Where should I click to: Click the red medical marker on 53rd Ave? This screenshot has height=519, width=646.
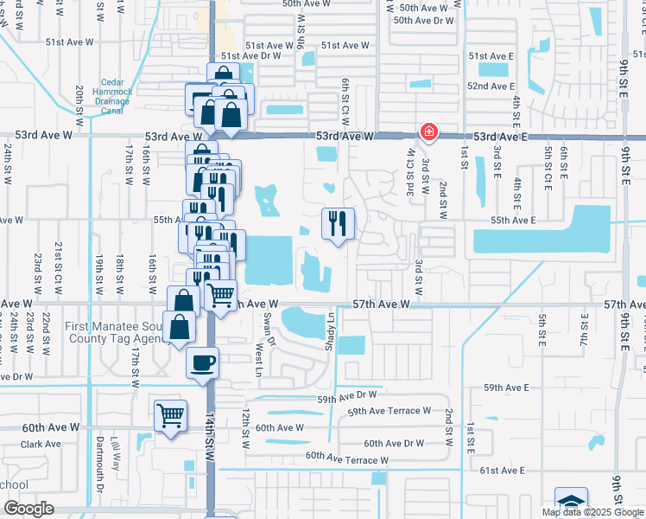(x=427, y=132)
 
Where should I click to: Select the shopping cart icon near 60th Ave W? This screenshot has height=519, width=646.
(x=170, y=415)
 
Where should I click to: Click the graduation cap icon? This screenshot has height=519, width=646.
(x=570, y=503)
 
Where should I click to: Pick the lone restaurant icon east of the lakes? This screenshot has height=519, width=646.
(x=337, y=223)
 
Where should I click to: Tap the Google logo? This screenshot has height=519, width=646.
(x=28, y=509)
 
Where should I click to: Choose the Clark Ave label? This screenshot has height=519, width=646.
(x=41, y=445)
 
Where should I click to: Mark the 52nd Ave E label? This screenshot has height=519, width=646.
(x=491, y=86)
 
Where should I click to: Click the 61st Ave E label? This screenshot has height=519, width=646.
(x=503, y=470)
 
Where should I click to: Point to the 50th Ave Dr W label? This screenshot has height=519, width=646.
(x=423, y=20)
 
